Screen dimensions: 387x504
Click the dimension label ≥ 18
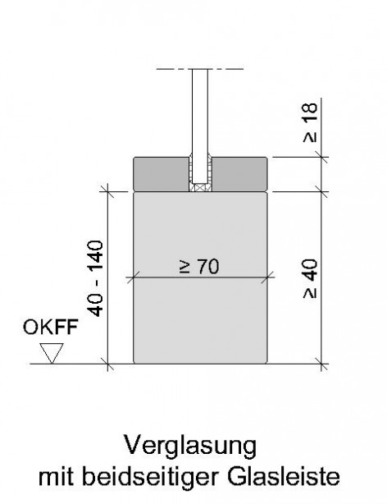311,123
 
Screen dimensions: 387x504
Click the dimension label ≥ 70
199,267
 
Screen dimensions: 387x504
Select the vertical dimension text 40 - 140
95,278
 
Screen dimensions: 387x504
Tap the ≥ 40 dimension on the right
311,279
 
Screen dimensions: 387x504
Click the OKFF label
50,328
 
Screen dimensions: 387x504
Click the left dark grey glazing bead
162,174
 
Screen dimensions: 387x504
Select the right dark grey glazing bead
239,174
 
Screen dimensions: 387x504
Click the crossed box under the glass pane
200,188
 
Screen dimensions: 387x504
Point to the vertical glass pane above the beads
200,126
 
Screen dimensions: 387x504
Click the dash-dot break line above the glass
200,69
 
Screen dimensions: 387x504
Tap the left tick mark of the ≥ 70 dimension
134,277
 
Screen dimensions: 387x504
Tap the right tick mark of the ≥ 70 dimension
267,277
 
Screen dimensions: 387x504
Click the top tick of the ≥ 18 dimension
321,157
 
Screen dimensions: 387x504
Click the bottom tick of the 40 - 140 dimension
108,364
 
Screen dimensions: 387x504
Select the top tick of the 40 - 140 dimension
108,192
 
